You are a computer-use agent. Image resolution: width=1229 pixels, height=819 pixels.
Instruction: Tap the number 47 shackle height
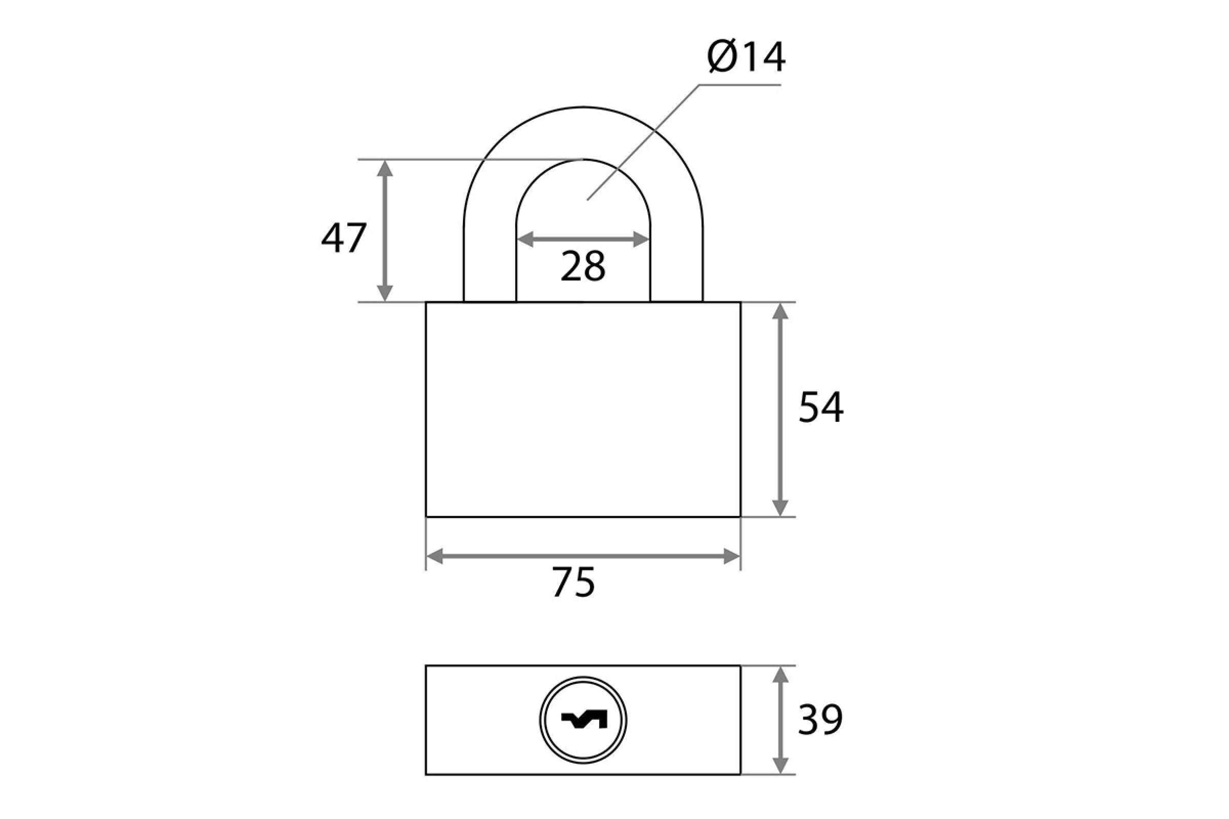coord(344,238)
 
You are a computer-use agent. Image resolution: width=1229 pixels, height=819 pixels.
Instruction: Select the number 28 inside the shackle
coord(583,266)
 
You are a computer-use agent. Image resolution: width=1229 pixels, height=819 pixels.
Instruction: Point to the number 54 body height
coord(821,407)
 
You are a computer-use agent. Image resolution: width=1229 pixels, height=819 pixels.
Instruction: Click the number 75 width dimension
coord(574,582)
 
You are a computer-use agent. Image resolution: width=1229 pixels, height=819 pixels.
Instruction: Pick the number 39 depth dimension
coord(820,719)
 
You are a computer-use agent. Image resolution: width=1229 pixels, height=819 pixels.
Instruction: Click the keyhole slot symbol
coord(584,720)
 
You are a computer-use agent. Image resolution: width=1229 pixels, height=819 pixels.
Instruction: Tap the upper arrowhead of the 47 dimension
coord(385,168)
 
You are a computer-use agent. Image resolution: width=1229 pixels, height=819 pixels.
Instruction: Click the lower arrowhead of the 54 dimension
coord(780,507)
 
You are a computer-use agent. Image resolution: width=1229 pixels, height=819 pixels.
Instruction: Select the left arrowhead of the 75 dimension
coord(435,556)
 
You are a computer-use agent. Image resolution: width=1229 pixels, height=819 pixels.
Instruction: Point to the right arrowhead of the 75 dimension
coord(732,556)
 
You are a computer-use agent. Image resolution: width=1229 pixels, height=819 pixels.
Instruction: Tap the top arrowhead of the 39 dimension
coord(780,675)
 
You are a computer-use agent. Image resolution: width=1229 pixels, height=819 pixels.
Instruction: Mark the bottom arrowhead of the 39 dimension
coord(780,765)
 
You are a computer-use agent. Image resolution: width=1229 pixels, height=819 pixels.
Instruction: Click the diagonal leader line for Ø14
coord(643,142)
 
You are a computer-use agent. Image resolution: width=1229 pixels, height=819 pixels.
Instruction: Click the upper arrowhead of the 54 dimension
coord(780,312)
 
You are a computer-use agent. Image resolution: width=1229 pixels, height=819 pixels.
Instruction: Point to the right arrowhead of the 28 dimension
coord(641,239)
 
